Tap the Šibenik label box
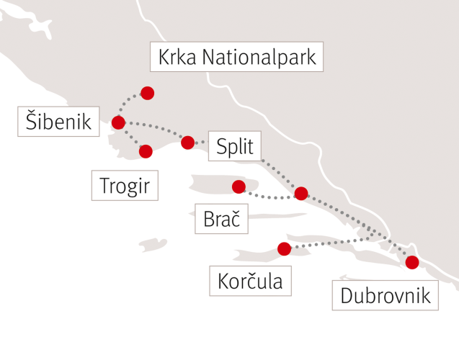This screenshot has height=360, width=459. pos(58,122)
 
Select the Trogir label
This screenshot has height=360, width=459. pos(125,186)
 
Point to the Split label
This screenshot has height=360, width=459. pos(235,147)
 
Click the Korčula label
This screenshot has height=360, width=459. pos(250,280)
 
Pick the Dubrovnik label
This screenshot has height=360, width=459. pos(385,295)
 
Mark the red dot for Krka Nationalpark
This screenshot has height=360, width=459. pos(148,93)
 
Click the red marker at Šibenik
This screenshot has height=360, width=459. pos(118,122)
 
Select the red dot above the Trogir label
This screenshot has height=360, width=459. pos(146,151)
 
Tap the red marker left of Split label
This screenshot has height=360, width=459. pos(187,142)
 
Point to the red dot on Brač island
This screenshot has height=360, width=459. pos(239,187)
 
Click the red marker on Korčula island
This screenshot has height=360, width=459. pos(284,248)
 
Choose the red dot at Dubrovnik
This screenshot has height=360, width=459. pos(412,262)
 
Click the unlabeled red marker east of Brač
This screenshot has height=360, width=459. pos(301,193)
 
